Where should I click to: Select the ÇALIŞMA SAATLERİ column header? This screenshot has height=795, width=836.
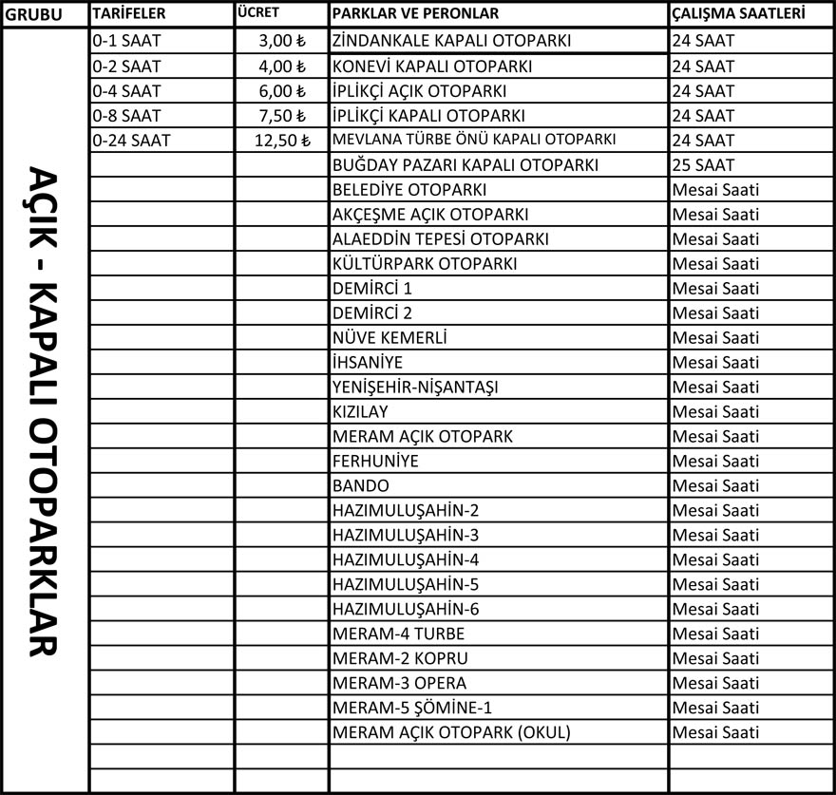click(x=738, y=14)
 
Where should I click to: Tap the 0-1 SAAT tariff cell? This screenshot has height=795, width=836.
click(x=128, y=42)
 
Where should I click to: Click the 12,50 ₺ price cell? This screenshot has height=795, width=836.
click(x=282, y=141)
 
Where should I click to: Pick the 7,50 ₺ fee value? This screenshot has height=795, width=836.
click(x=282, y=116)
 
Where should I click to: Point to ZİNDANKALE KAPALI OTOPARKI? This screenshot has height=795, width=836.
click(x=451, y=42)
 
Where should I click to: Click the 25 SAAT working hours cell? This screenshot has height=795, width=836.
click(x=703, y=165)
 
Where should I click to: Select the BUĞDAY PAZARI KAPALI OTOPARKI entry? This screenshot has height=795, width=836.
click(x=465, y=165)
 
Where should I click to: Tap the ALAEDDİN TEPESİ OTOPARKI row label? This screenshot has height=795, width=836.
click(x=441, y=239)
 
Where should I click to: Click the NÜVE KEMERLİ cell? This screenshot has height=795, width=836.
click(x=389, y=338)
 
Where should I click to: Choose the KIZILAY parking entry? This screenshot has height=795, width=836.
click(x=360, y=412)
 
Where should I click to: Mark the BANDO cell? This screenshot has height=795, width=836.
click(x=361, y=486)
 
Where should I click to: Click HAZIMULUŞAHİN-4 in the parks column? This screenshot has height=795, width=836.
click(x=406, y=559)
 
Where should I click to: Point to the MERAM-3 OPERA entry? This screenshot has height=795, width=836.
click(x=400, y=683)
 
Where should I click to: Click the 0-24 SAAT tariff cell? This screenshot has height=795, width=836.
click(x=132, y=141)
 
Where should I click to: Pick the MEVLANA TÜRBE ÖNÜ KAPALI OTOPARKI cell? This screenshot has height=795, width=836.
click(x=474, y=141)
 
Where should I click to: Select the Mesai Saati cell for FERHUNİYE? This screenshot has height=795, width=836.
click(x=715, y=462)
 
